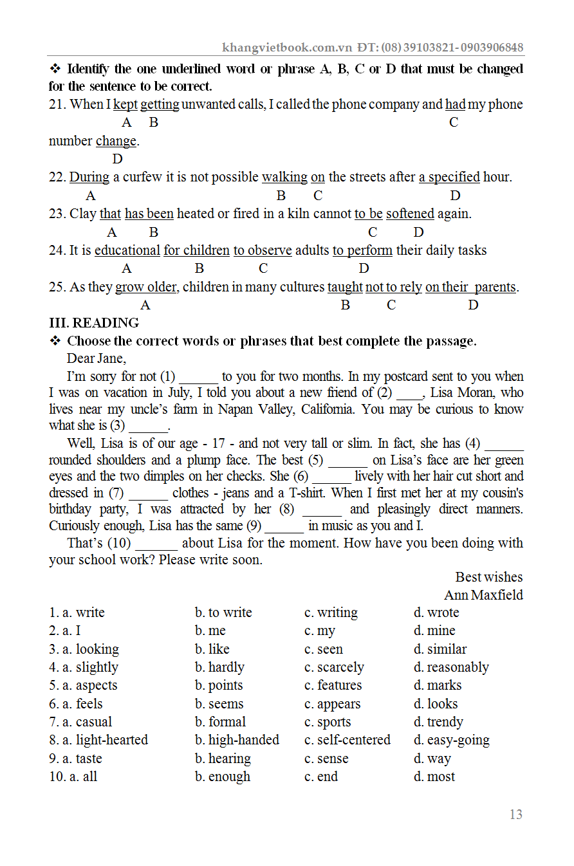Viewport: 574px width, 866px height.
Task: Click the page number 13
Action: tap(515, 815)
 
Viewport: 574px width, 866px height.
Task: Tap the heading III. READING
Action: tap(94, 323)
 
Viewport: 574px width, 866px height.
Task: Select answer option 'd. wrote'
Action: tap(436, 613)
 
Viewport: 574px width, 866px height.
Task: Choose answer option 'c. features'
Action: tap(333, 685)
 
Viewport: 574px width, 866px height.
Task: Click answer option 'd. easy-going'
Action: tap(451, 740)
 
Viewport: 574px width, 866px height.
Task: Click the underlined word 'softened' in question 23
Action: tap(410, 214)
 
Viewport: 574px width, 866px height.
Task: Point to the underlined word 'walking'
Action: tap(284, 177)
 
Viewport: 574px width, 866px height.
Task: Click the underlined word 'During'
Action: tap(89, 177)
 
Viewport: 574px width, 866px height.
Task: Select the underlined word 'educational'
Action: tap(127, 250)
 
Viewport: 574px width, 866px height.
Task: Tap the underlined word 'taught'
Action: tap(345, 287)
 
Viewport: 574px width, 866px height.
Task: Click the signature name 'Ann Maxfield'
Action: tap(483, 595)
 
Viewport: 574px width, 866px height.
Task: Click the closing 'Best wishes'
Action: tap(488, 577)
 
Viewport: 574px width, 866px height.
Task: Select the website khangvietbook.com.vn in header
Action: tap(287, 48)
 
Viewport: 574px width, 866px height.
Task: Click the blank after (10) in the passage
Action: tap(157, 544)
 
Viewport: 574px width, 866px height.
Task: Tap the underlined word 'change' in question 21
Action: tap(116, 141)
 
